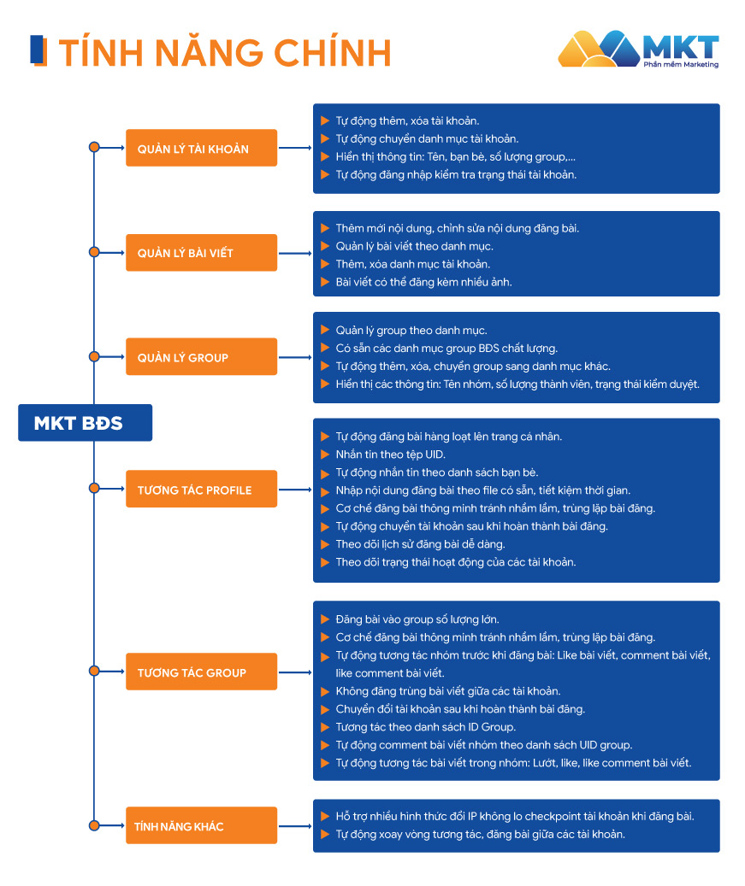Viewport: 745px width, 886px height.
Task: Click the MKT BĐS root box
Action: coord(85,423)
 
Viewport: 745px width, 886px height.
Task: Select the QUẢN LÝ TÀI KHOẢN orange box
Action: coord(201,149)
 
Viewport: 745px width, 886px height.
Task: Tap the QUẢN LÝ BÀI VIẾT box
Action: coord(201,253)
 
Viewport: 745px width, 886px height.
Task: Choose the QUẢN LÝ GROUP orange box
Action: coord(201,357)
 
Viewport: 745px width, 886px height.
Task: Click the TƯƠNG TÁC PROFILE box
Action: coord(201,490)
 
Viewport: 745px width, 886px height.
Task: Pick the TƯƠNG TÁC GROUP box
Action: coord(201,672)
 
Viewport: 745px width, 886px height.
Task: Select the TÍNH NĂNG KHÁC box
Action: coord(201,826)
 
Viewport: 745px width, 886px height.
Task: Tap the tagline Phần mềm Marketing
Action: coord(681,65)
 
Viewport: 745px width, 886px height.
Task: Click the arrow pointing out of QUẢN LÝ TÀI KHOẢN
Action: coord(294,149)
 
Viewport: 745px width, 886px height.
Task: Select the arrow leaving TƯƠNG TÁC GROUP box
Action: coord(294,672)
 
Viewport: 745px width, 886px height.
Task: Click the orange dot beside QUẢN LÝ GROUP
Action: coord(94,357)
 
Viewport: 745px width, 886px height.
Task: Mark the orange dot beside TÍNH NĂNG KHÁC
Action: coord(94,826)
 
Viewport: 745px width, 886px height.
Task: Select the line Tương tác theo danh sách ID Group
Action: coord(425,727)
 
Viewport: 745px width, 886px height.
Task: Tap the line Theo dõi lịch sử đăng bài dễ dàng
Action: coord(420,544)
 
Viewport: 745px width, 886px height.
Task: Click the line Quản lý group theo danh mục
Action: coord(411,330)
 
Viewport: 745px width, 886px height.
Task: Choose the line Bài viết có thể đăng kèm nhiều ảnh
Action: coord(423,282)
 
